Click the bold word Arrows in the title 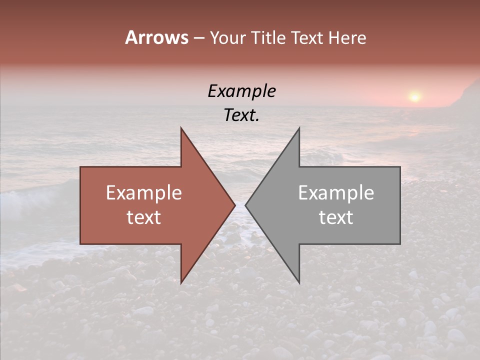tap(156, 37)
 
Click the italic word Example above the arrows tap(242, 91)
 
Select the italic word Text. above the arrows tap(242, 115)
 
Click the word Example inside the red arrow tap(144, 192)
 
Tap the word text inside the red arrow tap(144, 217)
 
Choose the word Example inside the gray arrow tap(336, 192)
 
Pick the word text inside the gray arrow tap(336, 217)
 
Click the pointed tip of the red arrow tap(234, 205)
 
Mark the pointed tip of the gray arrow tap(246, 205)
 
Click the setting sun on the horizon tap(414, 96)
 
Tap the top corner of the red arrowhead tap(181, 128)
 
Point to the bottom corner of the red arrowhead tap(181, 282)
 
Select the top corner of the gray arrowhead tap(299, 128)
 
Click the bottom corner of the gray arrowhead tap(299, 282)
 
